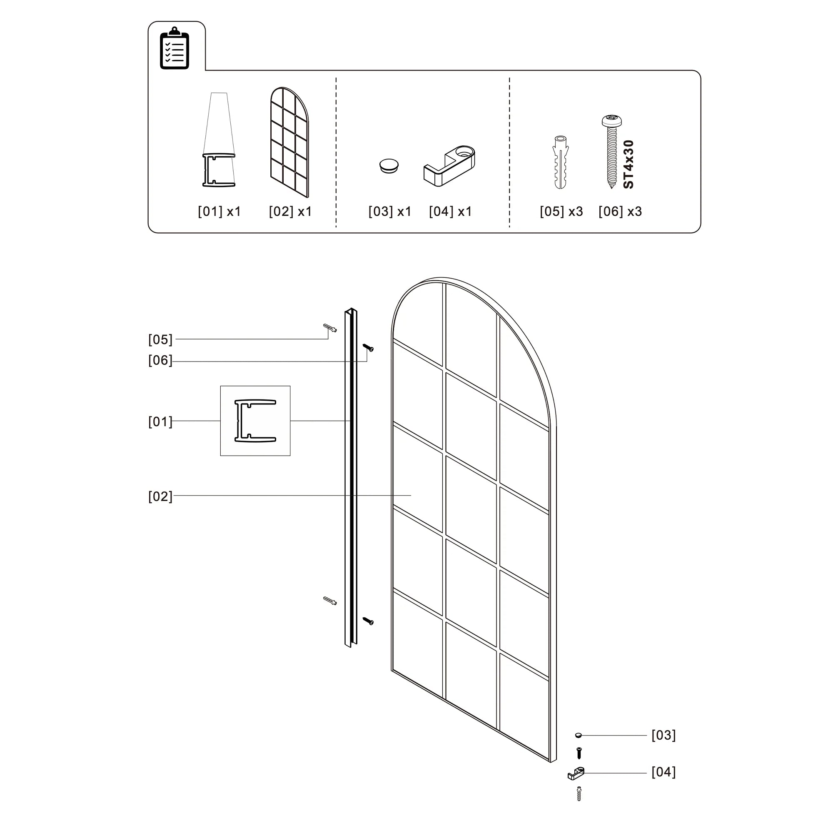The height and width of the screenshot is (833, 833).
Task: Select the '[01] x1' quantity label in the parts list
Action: click(x=219, y=211)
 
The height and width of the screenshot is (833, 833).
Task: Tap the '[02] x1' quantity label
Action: click(x=290, y=211)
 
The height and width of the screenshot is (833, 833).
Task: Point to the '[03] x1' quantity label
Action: click(x=390, y=211)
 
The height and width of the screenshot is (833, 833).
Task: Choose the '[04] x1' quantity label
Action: click(x=451, y=211)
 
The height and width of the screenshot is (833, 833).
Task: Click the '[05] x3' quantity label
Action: click(x=561, y=211)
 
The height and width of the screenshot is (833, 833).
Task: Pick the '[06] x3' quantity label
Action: click(x=620, y=211)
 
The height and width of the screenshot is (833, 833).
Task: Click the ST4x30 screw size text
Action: click(x=628, y=164)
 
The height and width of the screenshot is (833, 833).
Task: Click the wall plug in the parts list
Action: click(x=561, y=162)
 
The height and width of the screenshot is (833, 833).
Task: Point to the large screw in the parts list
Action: click(x=611, y=151)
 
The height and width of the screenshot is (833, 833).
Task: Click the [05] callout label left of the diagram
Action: click(x=160, y=339)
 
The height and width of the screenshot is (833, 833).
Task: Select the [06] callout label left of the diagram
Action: click(x=160, y=360)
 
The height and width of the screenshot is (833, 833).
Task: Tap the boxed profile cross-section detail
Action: click(x=255, y=421)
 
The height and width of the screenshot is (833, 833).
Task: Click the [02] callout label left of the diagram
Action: click(x=160, y=496)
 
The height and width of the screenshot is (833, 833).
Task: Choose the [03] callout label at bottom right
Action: click(x=663, y=735)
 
